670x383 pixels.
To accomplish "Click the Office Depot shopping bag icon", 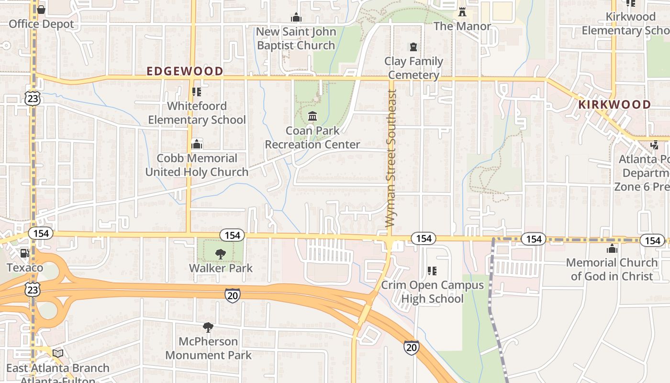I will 41,10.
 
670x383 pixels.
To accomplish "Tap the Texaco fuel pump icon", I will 24,253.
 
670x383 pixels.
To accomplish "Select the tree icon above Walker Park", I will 220,254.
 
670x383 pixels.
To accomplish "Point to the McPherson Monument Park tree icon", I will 208,327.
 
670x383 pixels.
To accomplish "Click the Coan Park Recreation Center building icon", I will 313,116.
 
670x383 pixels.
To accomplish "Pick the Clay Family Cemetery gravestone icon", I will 413,47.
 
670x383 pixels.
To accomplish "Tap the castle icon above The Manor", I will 462,12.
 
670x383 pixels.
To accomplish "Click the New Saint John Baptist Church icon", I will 296,18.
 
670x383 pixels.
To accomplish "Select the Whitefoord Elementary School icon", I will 196,91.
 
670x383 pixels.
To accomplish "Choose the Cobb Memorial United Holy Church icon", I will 196,144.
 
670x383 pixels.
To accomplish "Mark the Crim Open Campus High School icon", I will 432,271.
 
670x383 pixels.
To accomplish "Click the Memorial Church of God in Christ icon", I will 612,248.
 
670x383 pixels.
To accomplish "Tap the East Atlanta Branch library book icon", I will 58,354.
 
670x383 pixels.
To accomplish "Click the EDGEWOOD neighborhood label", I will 185,71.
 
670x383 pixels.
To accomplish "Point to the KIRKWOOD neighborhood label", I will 614,104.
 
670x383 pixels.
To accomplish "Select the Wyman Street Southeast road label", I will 391,158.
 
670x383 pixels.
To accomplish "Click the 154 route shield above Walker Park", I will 232,235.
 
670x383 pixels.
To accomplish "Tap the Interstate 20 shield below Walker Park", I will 233,295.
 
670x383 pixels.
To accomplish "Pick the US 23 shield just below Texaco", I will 33,290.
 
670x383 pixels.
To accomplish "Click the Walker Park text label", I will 221,268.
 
